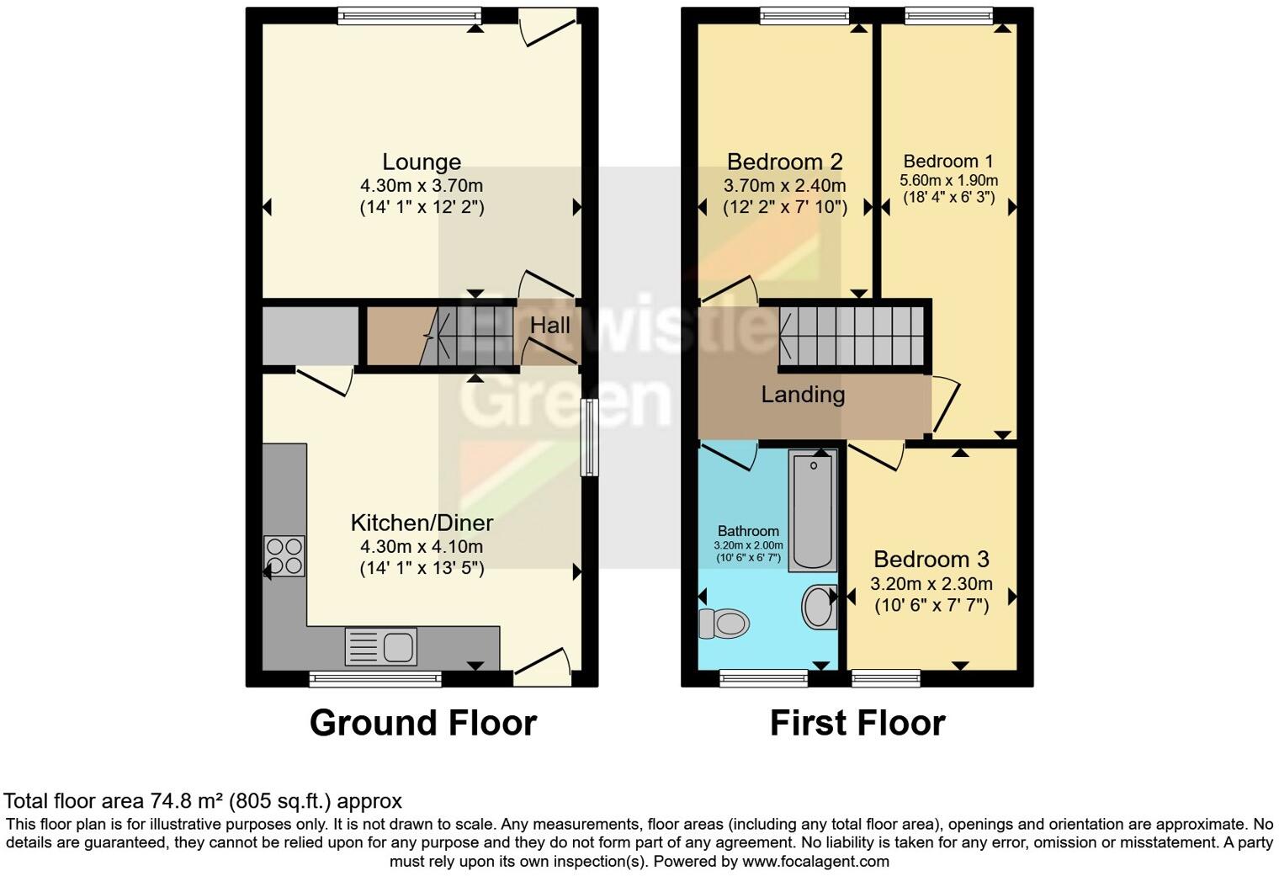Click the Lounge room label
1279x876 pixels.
pos(422,162)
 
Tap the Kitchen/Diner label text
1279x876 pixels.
pos(422,523)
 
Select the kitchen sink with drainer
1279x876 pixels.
pos(380,647)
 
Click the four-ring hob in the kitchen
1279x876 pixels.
pos(284,556)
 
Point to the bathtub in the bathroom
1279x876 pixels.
pos(813,512)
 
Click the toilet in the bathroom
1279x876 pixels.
pos(724,624)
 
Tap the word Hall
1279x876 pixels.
pos(549,326)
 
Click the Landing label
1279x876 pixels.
pos(803,394)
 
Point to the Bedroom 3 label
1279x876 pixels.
pos(931,559)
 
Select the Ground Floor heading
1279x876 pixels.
pos(422,723)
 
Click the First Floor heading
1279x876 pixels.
pos(857,723)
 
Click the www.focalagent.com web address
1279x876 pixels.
pos(815,861)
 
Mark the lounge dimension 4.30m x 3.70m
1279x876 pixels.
pos(422,185)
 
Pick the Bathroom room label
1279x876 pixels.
pos(748,531)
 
